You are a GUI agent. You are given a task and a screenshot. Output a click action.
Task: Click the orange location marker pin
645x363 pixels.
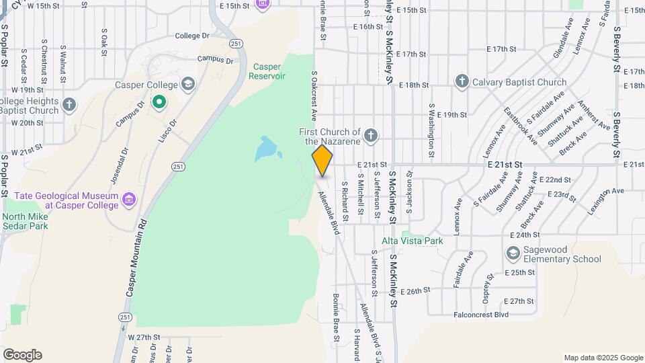tap(322, 161)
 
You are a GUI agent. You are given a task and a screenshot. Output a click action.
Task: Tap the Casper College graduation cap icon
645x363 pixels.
tap(189, 84)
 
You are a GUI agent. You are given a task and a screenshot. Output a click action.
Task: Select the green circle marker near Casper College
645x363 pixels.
tap(159, 102)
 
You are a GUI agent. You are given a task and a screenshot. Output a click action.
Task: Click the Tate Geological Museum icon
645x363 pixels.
tap(130, 200)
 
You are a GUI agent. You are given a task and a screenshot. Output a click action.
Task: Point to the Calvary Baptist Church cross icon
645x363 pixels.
tap(462, 82)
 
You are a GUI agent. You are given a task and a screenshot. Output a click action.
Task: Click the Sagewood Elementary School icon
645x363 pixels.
tap(513, 253)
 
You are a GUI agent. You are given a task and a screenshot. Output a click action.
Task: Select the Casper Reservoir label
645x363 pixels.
tap(267, 71)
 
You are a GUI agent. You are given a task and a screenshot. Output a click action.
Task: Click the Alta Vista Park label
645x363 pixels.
tap(413, 241)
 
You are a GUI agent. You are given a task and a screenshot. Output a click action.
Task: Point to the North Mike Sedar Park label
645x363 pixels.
tap(25, 221)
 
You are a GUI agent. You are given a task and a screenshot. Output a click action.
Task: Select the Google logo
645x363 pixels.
tap(22, 354)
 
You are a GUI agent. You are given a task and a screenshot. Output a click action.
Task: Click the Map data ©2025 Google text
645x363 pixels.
tap(603, 358)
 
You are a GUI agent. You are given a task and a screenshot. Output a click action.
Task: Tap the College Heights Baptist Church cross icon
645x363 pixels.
tap(69, 105)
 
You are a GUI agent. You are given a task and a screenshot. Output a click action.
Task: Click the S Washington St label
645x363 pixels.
tap(431, 125)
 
